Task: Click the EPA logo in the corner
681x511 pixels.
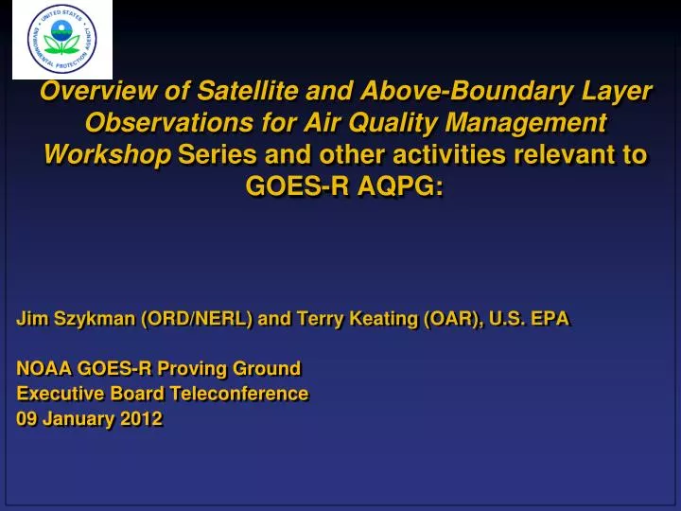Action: coord(62,40)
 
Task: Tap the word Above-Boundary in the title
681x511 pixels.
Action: coord(446,91)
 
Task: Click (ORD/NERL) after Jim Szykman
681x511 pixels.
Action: coord(197,319)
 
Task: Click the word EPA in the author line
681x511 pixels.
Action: coord(550,319)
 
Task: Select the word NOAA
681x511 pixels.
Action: coord(42,368)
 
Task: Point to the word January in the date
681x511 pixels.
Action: coord(79,418)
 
